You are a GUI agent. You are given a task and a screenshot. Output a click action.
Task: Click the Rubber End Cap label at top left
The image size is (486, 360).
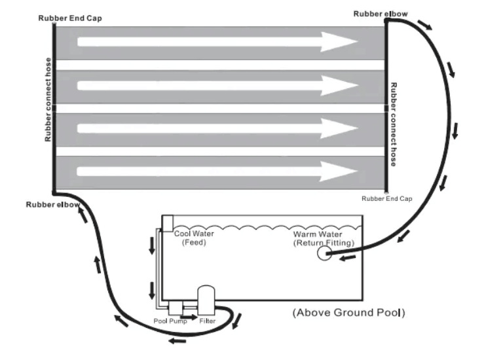70,18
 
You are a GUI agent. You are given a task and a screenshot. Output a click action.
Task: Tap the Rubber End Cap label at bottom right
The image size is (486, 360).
387,198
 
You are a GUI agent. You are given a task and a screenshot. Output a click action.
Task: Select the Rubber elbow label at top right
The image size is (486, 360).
381,14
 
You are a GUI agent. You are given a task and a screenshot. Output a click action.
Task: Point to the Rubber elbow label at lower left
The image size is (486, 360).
53,204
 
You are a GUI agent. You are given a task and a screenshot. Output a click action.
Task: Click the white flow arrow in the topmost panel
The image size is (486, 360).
217,41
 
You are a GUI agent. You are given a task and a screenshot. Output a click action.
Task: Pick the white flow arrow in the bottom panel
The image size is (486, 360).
217,171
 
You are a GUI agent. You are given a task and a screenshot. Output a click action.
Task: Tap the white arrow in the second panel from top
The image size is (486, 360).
217,85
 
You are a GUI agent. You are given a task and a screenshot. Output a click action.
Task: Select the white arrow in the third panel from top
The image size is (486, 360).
217,128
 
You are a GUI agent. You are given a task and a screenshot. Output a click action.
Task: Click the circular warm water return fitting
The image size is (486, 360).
324,253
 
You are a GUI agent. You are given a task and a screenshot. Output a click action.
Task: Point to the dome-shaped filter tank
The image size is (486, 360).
206,300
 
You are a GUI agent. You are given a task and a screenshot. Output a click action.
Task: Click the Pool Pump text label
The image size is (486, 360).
170,321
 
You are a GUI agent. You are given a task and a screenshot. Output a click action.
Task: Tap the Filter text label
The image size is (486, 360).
207,321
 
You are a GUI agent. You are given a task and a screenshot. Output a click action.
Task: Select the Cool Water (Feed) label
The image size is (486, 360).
194,238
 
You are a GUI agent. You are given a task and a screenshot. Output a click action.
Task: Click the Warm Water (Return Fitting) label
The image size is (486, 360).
324,238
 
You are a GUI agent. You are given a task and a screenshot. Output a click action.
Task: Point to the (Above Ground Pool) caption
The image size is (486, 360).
348,313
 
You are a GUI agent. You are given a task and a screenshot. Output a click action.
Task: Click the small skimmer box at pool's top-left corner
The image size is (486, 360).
168,223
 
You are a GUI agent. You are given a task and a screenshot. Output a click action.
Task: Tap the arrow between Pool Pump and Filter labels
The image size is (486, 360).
191,317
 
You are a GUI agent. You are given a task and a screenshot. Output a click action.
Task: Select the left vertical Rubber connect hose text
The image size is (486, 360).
48,99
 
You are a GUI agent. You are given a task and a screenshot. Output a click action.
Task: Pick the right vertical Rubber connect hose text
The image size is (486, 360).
393,124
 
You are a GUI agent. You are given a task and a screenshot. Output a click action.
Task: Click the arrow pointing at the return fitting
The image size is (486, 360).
347,257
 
